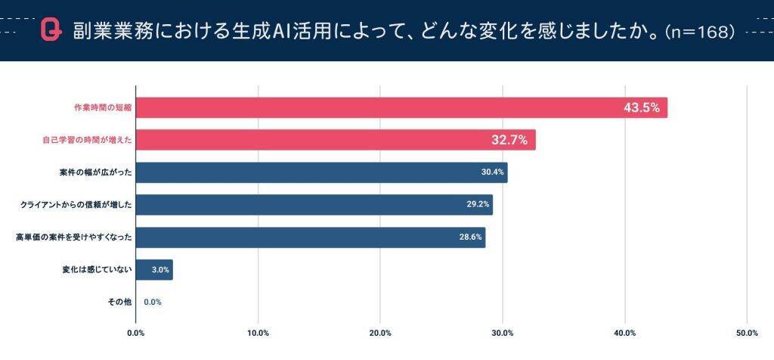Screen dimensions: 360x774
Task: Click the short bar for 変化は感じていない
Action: (x=154, y=270)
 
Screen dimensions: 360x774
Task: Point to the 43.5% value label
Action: (x=641, y=107)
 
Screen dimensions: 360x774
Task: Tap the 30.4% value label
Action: (x=492, y=172)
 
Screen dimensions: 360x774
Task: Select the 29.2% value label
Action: (x=478, y=205)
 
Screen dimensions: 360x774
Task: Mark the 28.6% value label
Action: (x=470, y=237)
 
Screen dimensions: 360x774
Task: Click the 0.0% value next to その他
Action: (x=153, y=302)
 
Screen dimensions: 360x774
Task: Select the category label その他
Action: (x=119, y=302)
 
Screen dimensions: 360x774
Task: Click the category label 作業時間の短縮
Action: (x=97, y=107)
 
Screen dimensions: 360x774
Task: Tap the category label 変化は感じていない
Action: (x=97, y=270)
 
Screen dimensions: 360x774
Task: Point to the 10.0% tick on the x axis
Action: (x=259, y=333)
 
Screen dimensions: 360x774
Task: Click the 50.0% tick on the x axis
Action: (x=747, y=333)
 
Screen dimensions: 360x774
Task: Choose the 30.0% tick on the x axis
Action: (x=503, y=333)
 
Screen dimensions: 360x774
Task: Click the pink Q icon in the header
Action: (x=51, y=30)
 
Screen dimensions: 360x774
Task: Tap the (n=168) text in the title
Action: (x=700, y=32)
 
